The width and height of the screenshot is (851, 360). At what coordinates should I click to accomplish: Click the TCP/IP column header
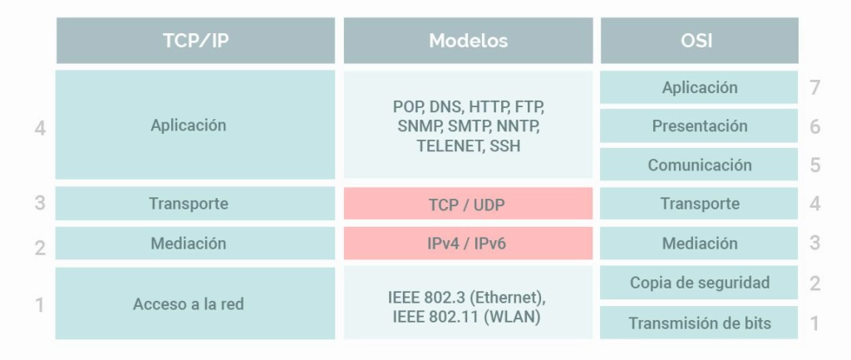point(195,40)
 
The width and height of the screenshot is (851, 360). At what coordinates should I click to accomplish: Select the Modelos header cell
point(468,40)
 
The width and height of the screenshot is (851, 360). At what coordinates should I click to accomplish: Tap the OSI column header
point(699,40)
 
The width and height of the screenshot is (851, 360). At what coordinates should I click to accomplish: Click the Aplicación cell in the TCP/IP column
point(195,125)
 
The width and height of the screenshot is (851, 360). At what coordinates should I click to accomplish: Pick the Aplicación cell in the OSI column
point(699,86)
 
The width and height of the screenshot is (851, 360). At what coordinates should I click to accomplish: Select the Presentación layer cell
point(699,126)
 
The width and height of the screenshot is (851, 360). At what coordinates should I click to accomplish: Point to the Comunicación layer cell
point(699,165)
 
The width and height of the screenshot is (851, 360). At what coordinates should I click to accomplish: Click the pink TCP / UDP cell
point(468,204)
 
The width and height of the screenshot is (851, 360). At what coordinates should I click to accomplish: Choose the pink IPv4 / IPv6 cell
point(468,244)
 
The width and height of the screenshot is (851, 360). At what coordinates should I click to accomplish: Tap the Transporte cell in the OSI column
point(699,204)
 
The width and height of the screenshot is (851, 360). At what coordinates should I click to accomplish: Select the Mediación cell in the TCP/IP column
point(195,244)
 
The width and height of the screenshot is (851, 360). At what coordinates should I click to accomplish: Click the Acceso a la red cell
point(195,303)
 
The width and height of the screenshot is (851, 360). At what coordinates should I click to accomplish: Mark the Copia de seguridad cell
point(699,283)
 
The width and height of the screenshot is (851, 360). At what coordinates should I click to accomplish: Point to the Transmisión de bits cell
point(699,323)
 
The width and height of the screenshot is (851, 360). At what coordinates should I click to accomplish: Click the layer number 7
point(814,87)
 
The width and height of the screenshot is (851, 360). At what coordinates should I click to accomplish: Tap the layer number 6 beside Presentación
point(814,126)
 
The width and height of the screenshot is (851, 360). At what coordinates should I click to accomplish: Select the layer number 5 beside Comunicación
point(814,165)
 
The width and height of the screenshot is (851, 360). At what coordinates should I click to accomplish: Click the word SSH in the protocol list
point(504,146)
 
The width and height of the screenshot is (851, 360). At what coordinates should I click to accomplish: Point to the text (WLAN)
point(514,316)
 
